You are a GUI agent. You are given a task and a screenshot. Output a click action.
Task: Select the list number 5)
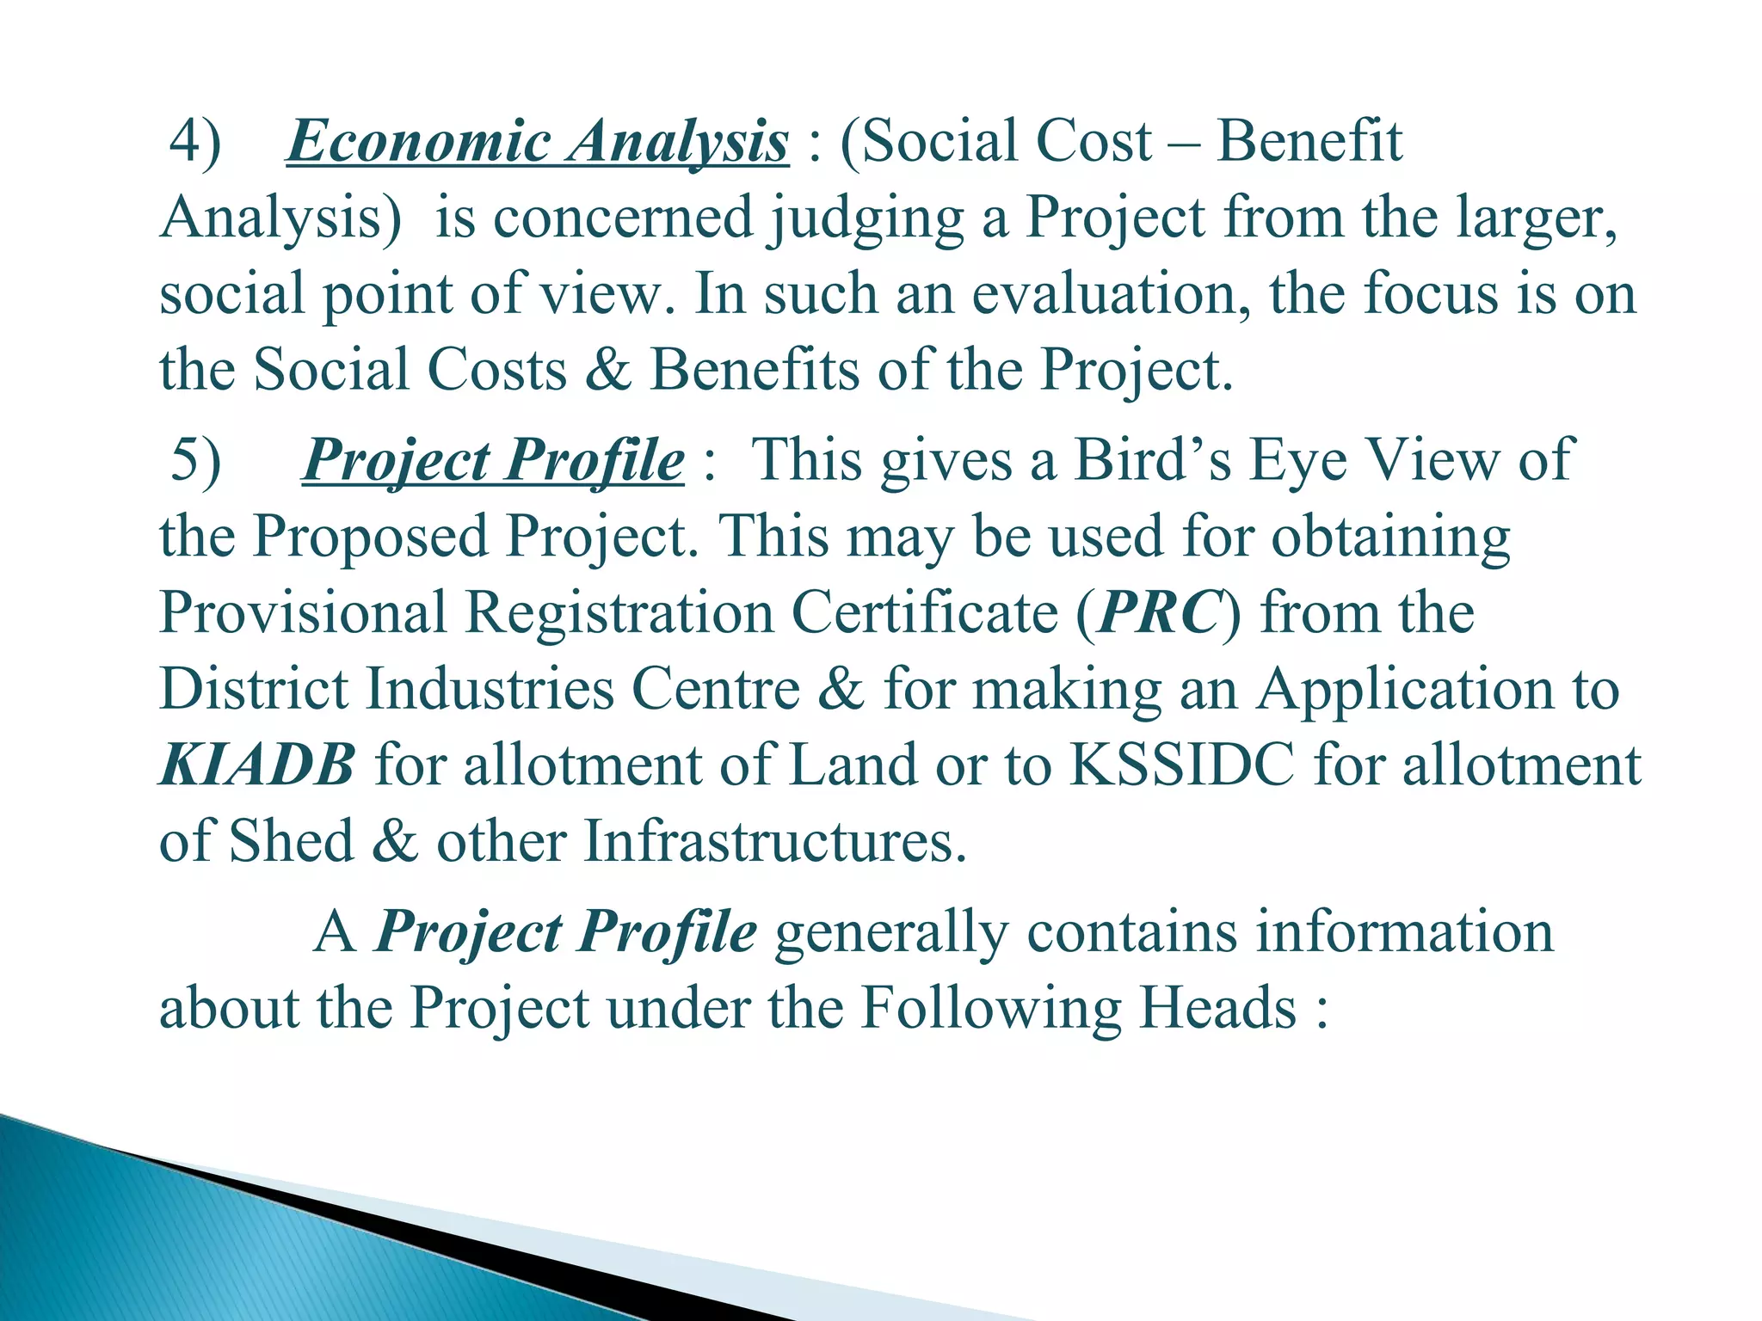(195, 459)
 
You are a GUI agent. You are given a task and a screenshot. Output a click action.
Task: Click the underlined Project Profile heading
(493, 459)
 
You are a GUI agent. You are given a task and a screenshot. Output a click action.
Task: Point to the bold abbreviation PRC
(1159, 612)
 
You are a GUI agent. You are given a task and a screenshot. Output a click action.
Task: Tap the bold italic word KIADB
(256, 765)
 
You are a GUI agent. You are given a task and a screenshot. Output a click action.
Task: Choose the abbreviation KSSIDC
(1181, 765)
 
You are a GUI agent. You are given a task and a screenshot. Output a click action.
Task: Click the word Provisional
(304, 612)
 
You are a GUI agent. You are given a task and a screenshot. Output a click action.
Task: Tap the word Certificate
(925, 612)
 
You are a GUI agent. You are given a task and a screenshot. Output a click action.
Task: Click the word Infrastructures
(775, 840)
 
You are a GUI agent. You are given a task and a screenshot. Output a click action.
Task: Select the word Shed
(292, 840)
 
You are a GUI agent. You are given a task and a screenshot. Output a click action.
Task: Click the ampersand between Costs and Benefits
(607, 370)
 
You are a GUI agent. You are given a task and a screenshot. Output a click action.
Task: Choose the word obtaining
(1390, 537)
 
